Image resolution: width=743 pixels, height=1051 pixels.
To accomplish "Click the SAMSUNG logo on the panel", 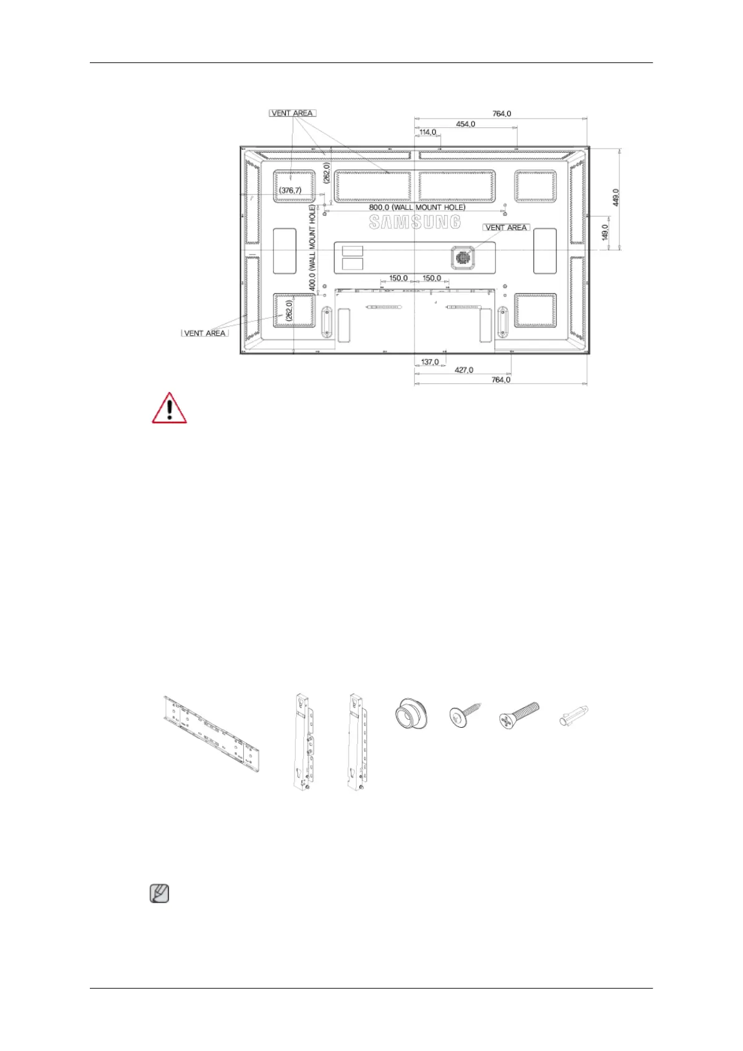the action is [x=415, y=222].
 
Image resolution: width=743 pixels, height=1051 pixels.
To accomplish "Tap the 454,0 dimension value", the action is [x=465, y=124].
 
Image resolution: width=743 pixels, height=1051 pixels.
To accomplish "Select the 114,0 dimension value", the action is [x=428, y=132].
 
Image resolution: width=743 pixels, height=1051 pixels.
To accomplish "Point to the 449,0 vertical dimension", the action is [x=616, y=197].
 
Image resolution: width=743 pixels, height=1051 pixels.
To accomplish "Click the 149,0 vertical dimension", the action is [x=605, y=233].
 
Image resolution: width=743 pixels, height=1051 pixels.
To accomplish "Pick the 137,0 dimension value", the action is [x=430, y=362].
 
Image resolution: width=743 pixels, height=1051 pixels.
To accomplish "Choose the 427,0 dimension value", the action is [x=464, y=370].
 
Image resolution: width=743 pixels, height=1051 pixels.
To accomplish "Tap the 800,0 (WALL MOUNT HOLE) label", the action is [x=417, y=207].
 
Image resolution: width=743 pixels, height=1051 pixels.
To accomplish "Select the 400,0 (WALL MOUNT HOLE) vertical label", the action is [x=313, y=248].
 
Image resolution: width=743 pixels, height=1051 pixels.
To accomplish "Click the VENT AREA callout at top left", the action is [x=293, y=113].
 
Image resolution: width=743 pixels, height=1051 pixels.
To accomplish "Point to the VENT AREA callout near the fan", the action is [x=506, y=228].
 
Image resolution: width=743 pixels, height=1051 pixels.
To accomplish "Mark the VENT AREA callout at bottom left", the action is [x=205, y=333].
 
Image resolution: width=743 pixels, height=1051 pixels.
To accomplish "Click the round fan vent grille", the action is [x=462, y=256].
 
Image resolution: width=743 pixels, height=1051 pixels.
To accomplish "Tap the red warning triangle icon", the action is [x=169, y=409].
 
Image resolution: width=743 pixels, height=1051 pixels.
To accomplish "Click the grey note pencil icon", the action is [x=160, y=894].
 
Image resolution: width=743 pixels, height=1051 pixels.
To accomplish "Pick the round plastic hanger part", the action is [x=411, y=714].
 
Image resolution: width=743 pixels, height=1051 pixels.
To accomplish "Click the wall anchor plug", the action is [x=573, y=716].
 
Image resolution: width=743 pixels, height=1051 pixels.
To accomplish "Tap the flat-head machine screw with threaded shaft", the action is [x=519, y=714].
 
